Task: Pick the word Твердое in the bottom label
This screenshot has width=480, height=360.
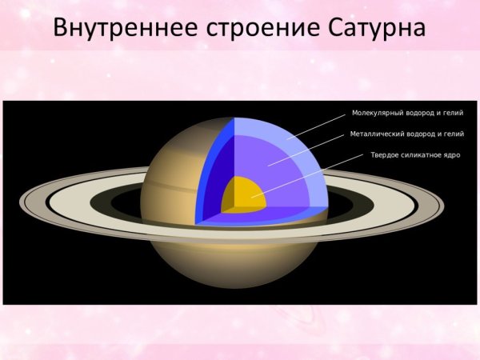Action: click(x=385, y=154)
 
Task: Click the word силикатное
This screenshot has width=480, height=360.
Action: click(x=422, y=154)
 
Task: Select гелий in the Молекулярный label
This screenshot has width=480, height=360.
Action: click(x=453, y=113)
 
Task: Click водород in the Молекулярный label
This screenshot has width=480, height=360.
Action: click(x=418, y=113)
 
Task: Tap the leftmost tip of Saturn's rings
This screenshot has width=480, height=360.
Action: click(x=22, y=199)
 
